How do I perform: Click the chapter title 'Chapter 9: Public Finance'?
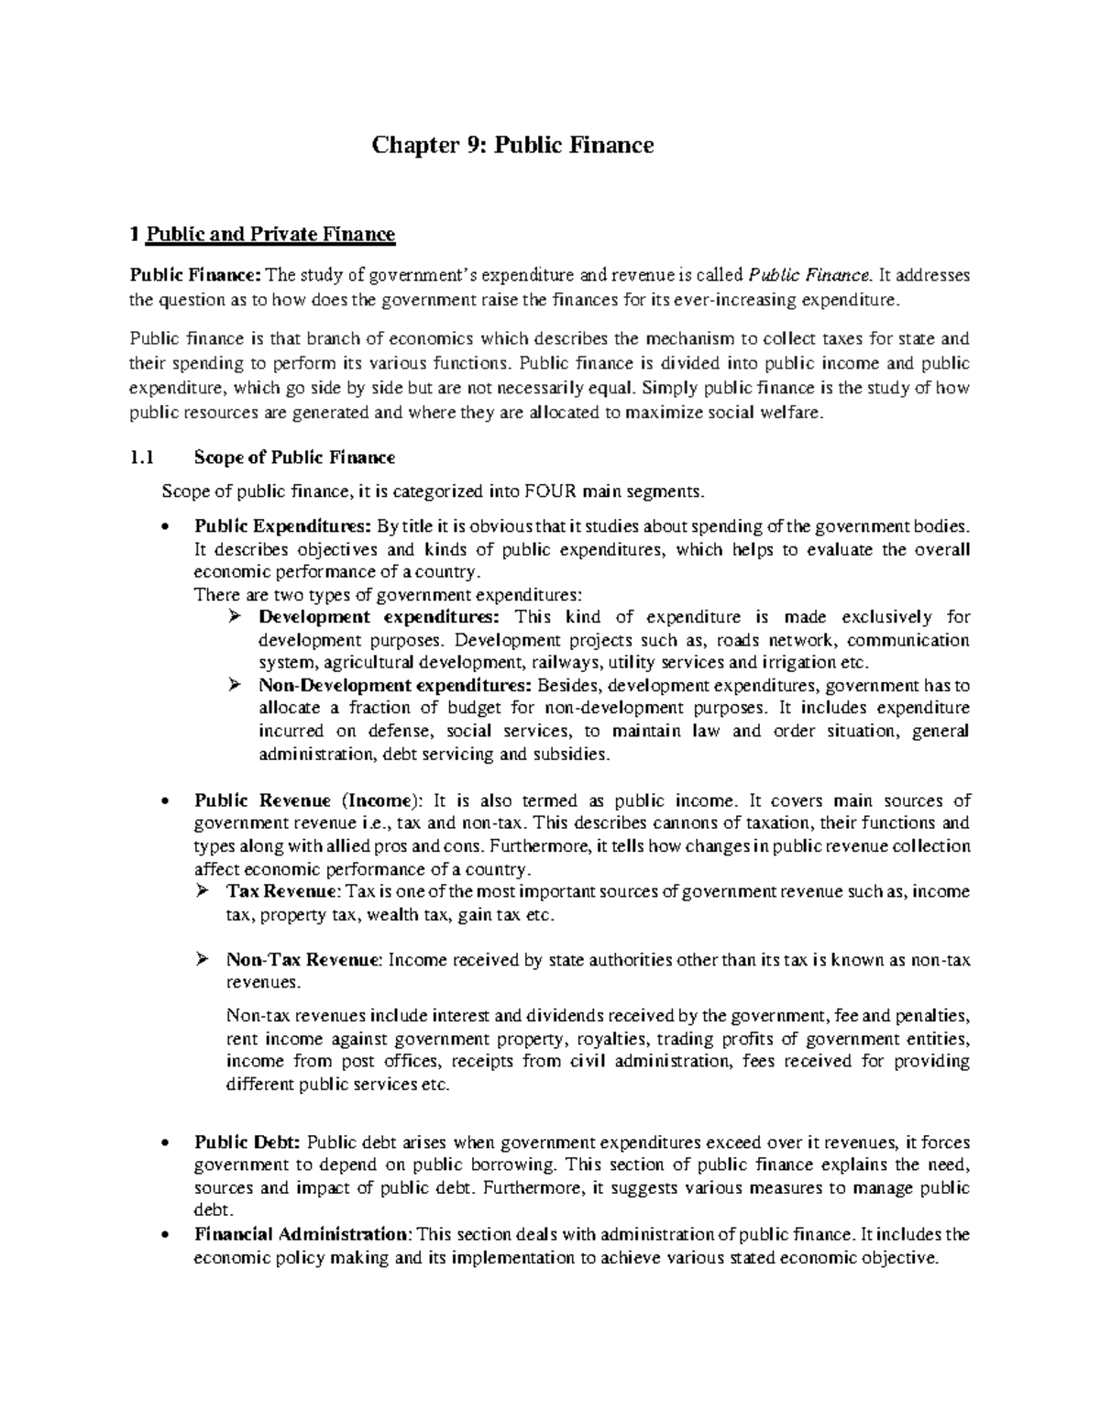pyautogui.click(x=511, y=145)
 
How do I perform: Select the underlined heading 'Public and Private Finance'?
pyautogui.click(x=271, y=235)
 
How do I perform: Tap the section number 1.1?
pyautogui.click(x=144, y=457)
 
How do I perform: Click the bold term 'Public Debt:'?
pyautogui.click(x=247, y=1143)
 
